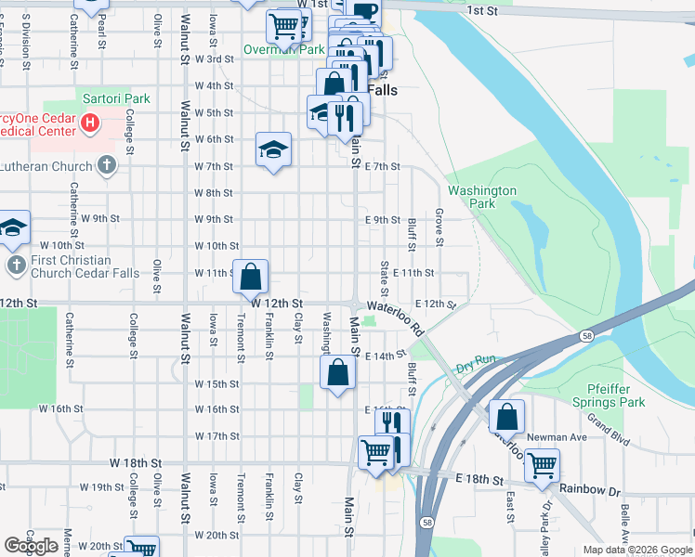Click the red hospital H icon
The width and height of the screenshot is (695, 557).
click(x=90, y=122)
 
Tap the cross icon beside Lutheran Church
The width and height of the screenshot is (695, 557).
click(x=107, y=166)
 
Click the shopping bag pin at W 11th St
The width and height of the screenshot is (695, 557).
click(x=251, y=277)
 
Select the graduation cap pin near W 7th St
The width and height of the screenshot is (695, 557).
click(x=273, y=150)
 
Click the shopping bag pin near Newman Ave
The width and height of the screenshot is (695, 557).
click(x=506, y=416)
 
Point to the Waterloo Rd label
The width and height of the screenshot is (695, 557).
click(x=395, y=316)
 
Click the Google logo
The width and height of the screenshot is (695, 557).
click(x=32, y=545)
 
